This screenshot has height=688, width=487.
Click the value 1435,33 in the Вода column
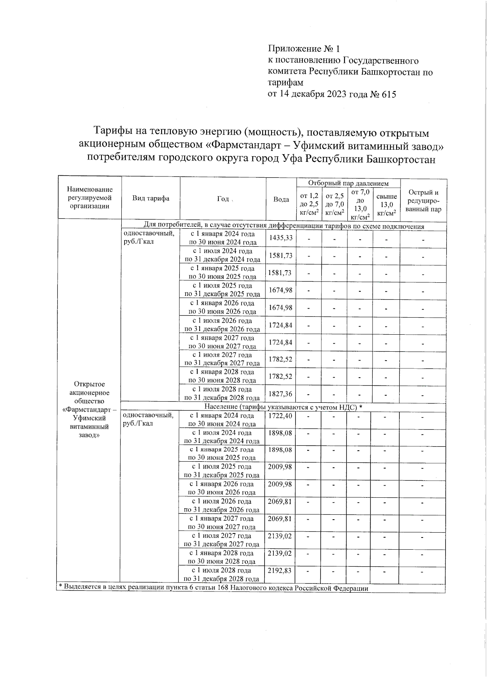click(x=281, y=238)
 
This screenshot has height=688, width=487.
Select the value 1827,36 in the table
click(x=281, y=394)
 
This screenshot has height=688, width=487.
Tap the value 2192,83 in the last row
click(x=280, y=570)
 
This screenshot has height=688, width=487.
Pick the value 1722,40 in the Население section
click(x=280, y=416)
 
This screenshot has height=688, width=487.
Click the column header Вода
click(x=281, y=199)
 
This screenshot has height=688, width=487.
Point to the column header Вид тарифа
click(x=151, y=198)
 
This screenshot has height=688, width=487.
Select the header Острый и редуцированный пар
click(x=423, y=201)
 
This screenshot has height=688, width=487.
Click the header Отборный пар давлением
click(x=348, y=183)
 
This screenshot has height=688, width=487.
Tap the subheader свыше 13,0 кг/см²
click(x=386, y=205)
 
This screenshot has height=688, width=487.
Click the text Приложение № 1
click(x=303, y=49)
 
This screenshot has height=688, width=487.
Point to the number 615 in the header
click(x=388, y=95)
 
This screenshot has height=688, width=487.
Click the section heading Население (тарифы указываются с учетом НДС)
click(x=283, y=406)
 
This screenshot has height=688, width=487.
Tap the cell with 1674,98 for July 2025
click(x=281, y=290)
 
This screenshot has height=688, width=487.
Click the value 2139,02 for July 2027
click(x=280, y=536)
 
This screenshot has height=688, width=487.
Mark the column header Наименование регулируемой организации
click(x=90, y=198)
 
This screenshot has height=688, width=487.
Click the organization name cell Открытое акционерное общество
click(x=90, y=409)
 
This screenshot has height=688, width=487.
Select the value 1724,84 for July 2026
click(x=281, y=325)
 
